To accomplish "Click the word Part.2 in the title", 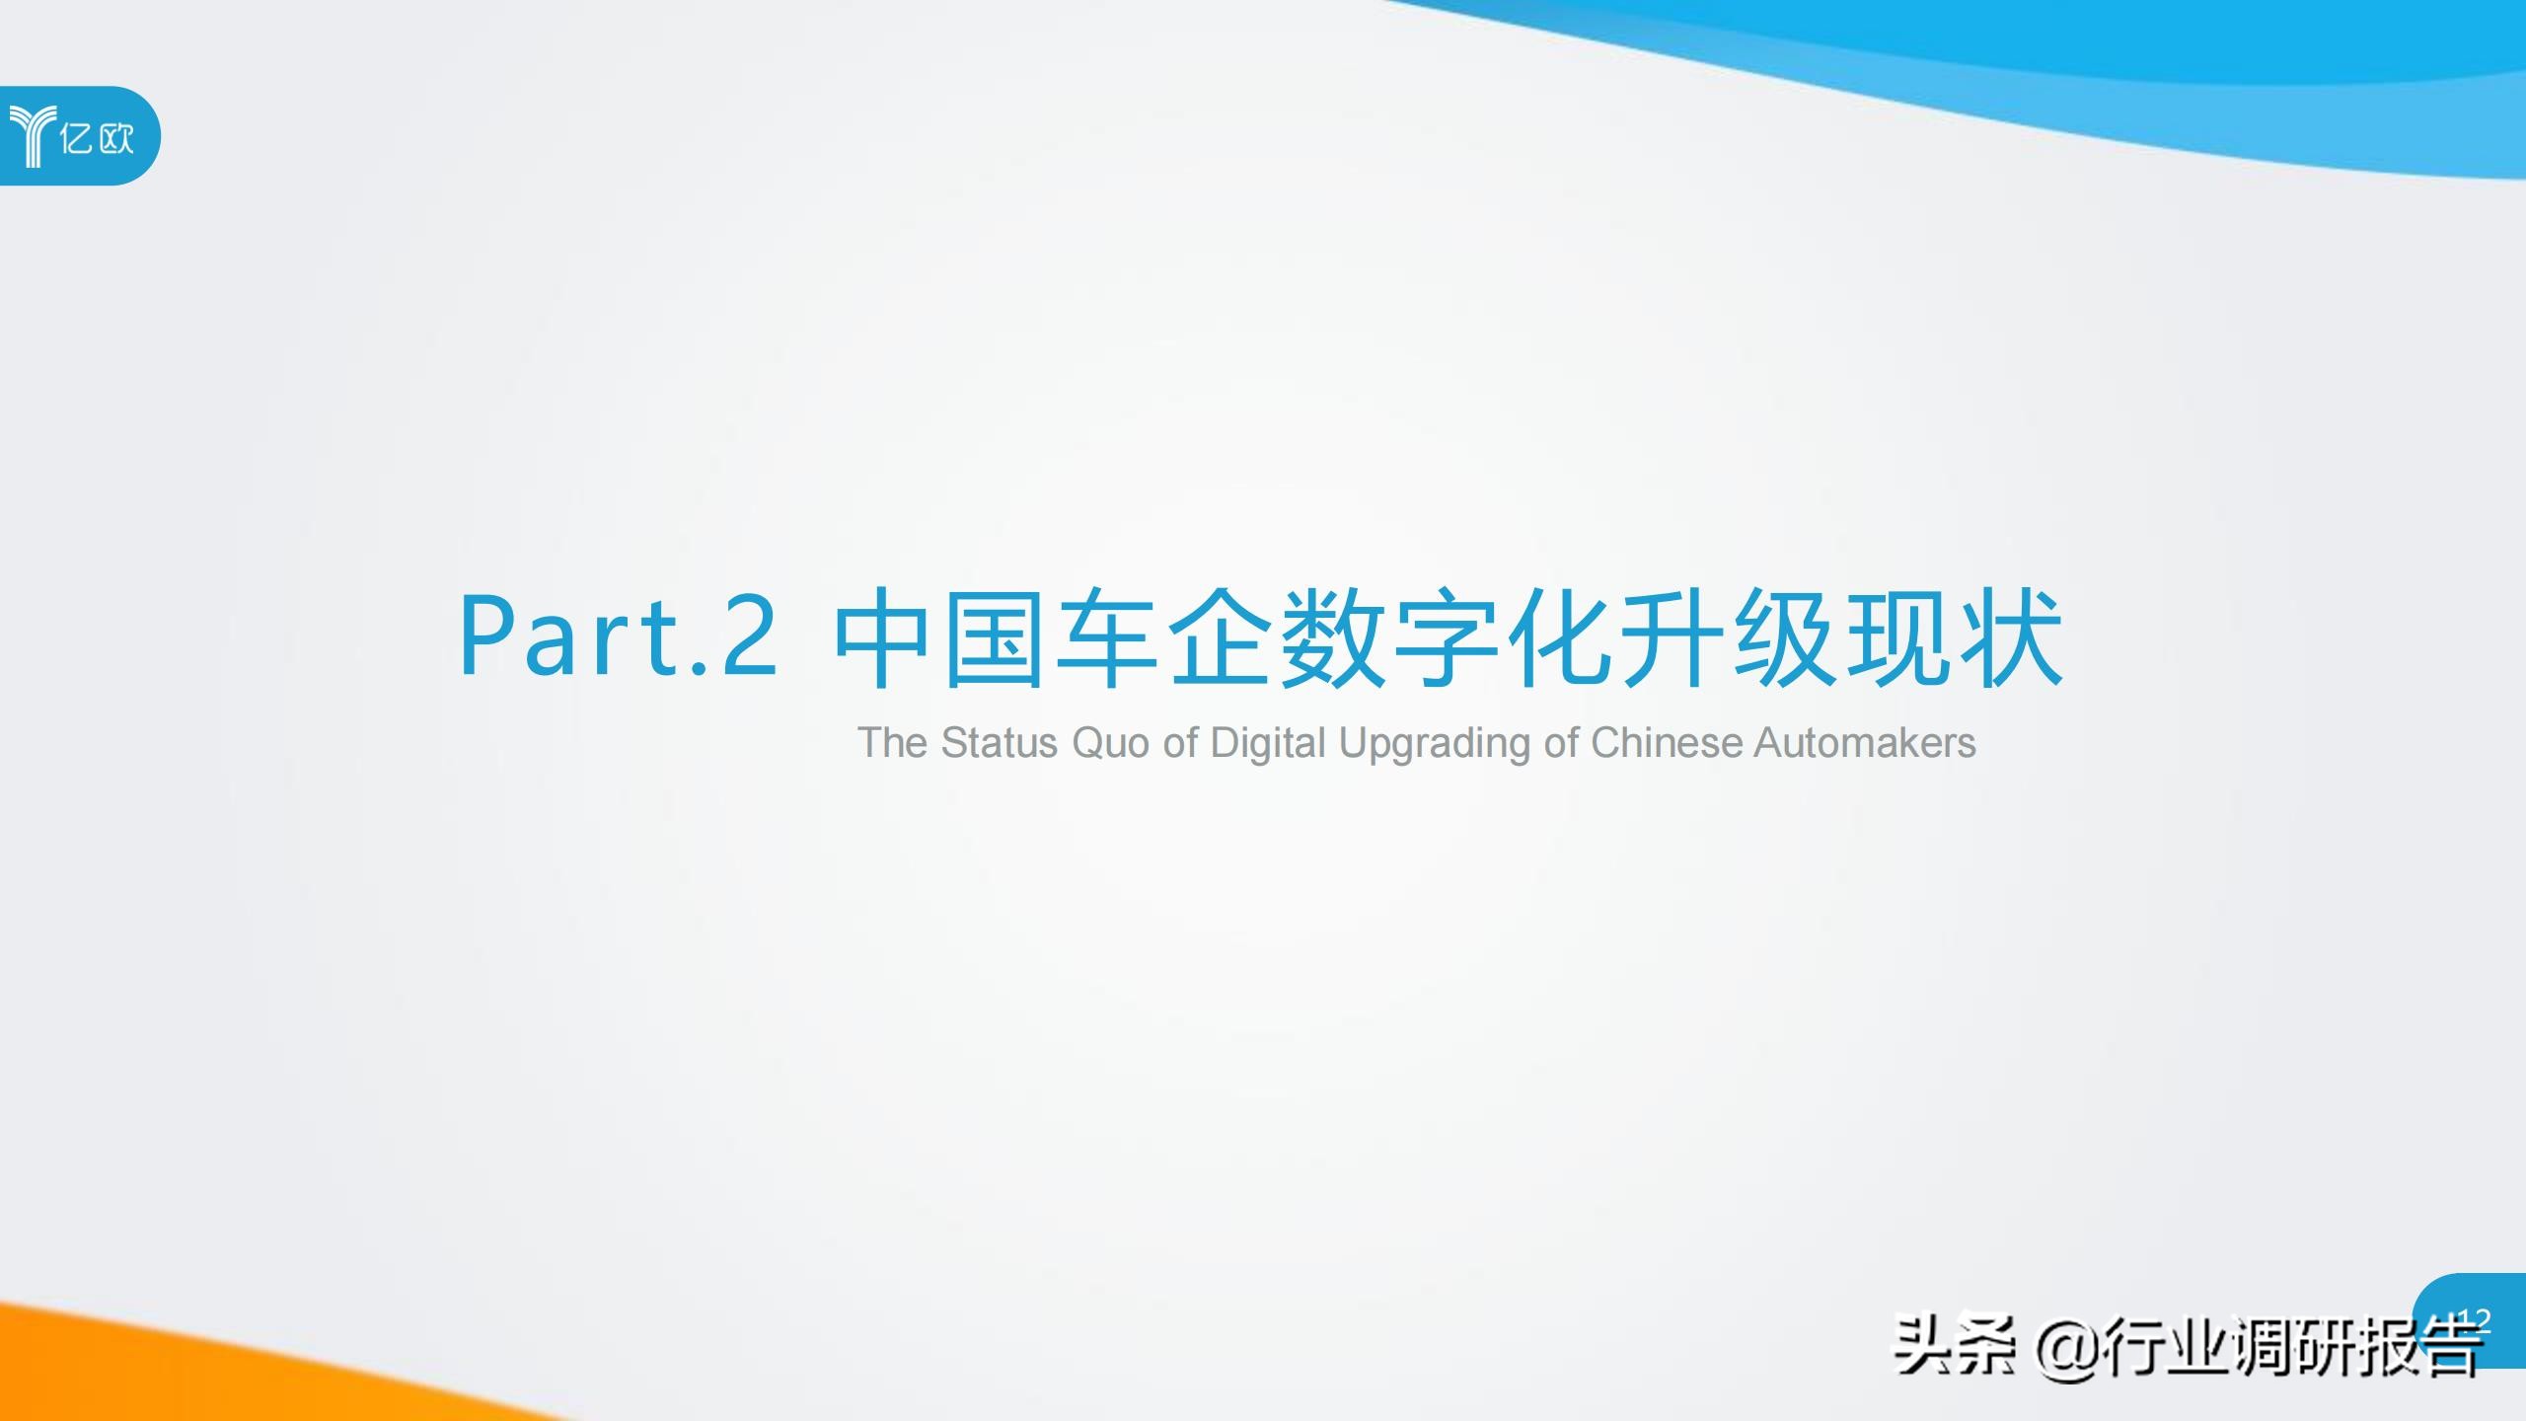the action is [619, 636].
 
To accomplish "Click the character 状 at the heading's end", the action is [2011, 636].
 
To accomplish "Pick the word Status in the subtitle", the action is [999, 743].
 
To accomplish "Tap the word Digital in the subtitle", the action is [1268, 744].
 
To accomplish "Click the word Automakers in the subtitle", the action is [1865, 743].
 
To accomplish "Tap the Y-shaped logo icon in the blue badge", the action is [33, 136].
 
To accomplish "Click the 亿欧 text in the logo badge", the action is [97, 137].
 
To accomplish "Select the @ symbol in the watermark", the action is [2067, 1347].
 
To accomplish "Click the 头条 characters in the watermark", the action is [1954, 1345].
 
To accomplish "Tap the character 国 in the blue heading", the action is [994, 636].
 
